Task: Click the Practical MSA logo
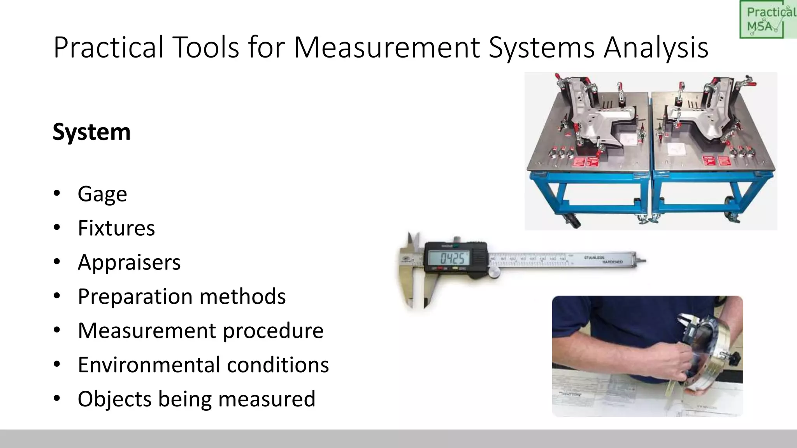coord(767,19)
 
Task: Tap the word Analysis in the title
coord(656,47)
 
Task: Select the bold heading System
coord(91,132)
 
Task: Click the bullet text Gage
coord(102,194)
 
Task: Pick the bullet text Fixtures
coord(116,228)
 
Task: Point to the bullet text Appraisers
coord(129,262)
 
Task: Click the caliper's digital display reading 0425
coord(451,258)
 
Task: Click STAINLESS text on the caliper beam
coord(594,257)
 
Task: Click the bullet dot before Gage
coord(57,193)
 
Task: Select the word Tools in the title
coord(205,47)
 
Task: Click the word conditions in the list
coord(278,365)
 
